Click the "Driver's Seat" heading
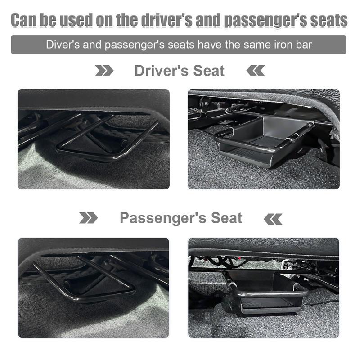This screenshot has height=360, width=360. click(179, 71)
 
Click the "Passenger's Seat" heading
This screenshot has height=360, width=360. click(181, 218)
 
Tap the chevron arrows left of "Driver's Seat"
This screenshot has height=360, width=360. click(104, 71)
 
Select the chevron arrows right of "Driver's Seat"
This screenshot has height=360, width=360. click(256, 71)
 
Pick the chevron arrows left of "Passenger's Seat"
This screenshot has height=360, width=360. click(88, 218)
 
